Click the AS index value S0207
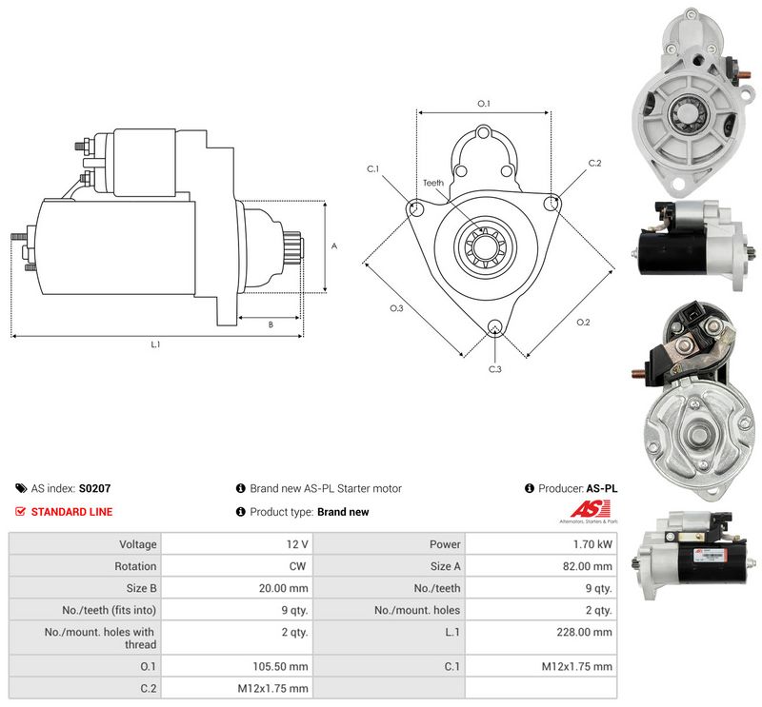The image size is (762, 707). click(94, 488)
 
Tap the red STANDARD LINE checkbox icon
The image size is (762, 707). click(20, 511)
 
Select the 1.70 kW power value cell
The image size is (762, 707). click(541, 544)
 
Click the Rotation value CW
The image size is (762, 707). click(297, 566)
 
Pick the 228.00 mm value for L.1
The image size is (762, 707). click(584, 632)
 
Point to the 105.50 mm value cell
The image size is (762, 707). click(236, 666)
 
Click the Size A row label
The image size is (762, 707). click(445, 566)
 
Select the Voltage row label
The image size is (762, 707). click(138, 544)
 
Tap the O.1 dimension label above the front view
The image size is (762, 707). click(484, 104)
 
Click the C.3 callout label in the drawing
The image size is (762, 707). click(494, 369)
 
